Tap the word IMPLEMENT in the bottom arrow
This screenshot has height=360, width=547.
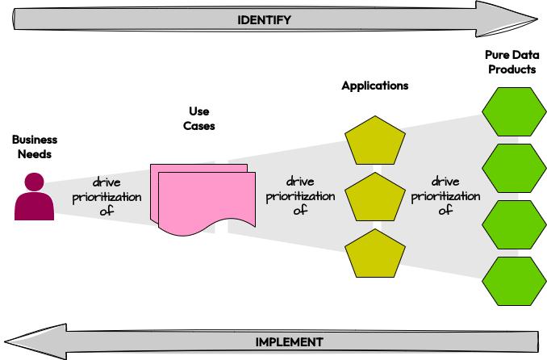click(289, 341)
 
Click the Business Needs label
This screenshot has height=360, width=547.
click(34, 147)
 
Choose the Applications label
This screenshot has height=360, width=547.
click(374, 86)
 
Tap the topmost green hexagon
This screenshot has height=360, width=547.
click(512, 111)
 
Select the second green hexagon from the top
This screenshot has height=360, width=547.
click(512, 167)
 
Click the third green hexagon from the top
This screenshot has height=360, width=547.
click(512, 224)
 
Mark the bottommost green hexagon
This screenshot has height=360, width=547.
click(512, 280)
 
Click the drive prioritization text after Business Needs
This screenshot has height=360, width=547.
click(106, 197)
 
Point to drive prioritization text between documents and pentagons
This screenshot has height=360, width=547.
click(300, 196)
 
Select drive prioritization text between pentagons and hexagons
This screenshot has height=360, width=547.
click(445, 196)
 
